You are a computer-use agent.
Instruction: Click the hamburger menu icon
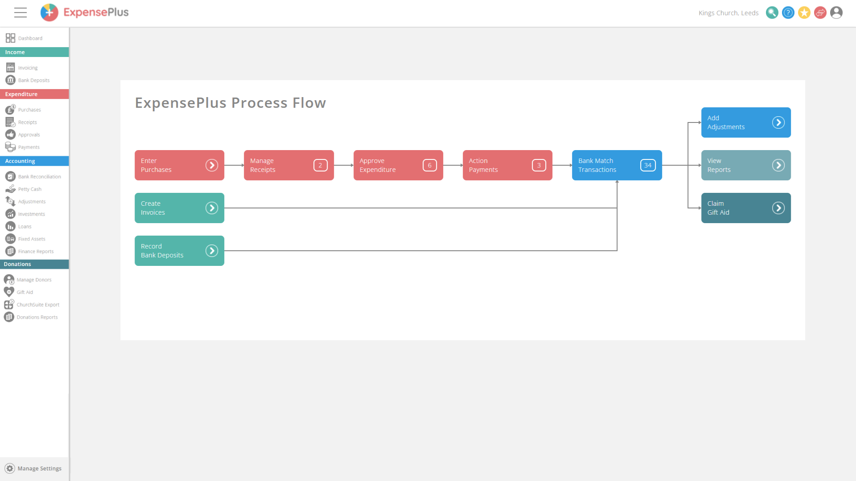tap(21, 12)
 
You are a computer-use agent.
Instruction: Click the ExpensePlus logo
tap(85, 12)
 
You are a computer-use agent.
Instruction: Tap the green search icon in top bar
tap(772, 13)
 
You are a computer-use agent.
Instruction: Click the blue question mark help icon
tap(788, 13)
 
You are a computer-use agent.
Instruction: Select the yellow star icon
tap(804, 13)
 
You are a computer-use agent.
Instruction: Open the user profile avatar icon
tap(836, 13)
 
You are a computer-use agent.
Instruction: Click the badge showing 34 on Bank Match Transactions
tap(647, 165)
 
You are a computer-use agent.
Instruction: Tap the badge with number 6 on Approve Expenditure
tap(429, 165)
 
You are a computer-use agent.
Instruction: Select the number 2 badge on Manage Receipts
tap(320, 165)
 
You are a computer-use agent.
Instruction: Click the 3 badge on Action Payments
tap(539, 165)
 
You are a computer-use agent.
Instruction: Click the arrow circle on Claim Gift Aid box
tap(778, 208)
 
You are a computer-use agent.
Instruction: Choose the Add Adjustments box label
tap(725, 122)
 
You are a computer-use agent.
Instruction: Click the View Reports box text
tap(718, 165)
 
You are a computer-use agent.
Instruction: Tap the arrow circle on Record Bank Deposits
tap(212, 251)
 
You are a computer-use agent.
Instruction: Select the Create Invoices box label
tap(152, 208)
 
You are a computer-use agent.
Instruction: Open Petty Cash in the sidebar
tap(29, 189)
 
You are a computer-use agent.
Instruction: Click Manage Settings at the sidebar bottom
tap(39, 469)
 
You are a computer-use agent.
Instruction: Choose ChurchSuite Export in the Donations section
tap(38, 305)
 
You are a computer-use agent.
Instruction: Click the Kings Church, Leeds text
tap(728, 13)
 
